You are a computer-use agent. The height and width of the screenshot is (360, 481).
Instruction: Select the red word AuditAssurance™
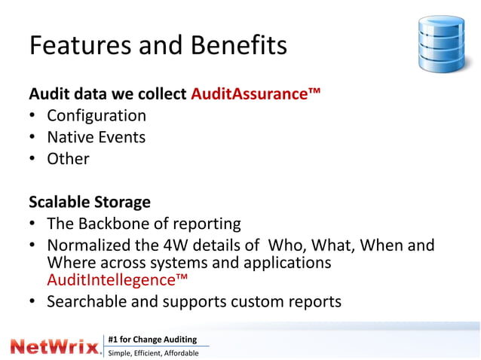click(x=256, y=95)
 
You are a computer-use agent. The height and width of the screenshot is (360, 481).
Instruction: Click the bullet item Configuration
click(x=97, y=116)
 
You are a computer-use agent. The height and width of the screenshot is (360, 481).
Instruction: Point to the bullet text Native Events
click(x=96, y=137)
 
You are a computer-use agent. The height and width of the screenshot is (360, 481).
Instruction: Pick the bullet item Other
click(x=68, y=159)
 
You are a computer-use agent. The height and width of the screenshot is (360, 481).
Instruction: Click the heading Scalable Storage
click(x=90, y=203)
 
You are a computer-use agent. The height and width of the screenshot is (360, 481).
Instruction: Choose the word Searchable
click(x=91, y=302)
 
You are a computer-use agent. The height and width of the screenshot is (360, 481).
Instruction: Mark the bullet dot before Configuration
click(x=34, y=117)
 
